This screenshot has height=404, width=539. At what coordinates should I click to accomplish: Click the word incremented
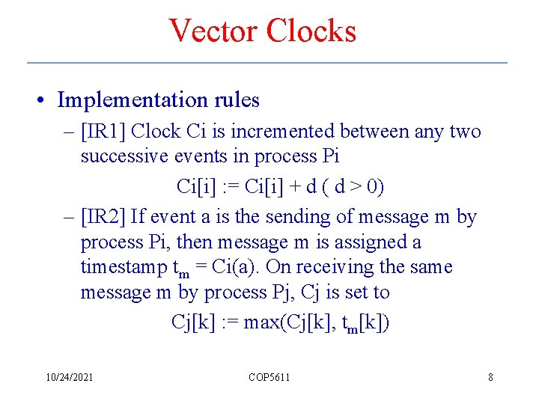pyautogui.click(x=284, y=132)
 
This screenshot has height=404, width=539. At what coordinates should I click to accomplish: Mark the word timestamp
pyautogui.click(x=124, y=268)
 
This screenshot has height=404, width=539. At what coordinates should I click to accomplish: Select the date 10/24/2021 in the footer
pyautogui.click(x=68, y=377)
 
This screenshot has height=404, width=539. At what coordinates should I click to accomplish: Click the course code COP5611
pyautogui.click(x=269, y=377)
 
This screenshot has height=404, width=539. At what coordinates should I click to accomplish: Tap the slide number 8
pyautogui.click(x=490, y=377)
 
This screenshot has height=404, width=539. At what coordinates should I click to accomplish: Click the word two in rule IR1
pyautogui.click(x=466, y=132)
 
